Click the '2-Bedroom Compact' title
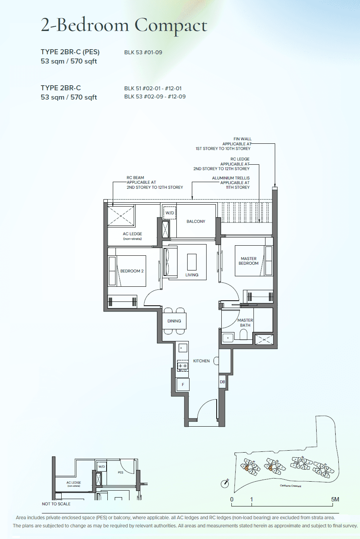point(124,26)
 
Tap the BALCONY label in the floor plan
point(196,222)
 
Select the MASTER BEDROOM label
point(248,261)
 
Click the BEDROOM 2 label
point(132,271)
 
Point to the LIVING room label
point(192,275)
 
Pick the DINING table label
point(174,321)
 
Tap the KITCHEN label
point(201,361)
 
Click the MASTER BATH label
point(245,323)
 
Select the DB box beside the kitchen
point(222,382)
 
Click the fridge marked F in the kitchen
point(183,385)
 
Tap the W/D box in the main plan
point(170,213)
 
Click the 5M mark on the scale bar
point(335,499)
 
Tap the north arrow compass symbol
point(225,483)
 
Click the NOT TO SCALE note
point(56,504)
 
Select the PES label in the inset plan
point(121,472)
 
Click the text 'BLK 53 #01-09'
point(143,53)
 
